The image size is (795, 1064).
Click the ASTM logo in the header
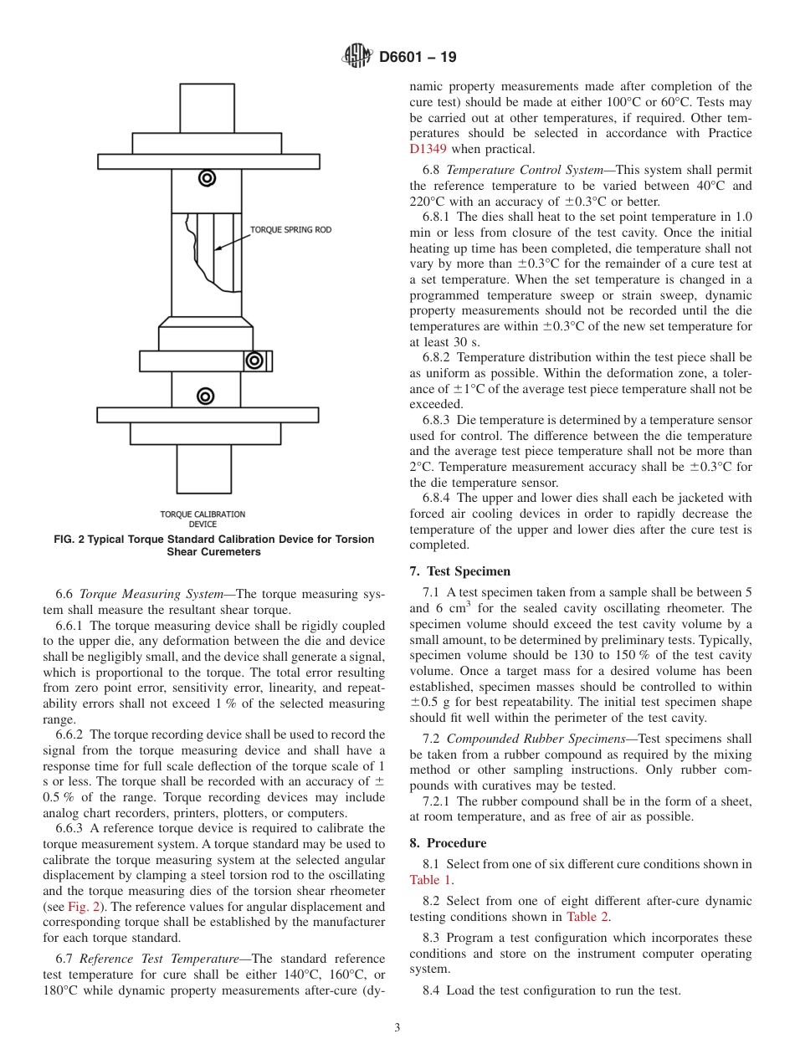point(357,57)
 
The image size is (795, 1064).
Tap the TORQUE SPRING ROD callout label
point(290,229)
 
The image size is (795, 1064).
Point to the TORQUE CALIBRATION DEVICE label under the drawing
point(203,519)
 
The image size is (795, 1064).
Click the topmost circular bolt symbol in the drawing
point(207,177)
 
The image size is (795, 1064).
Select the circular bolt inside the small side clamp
point(253,361)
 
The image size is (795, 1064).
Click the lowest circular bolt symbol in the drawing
point(205,396)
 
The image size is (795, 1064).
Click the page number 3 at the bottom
point(397,1028)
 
